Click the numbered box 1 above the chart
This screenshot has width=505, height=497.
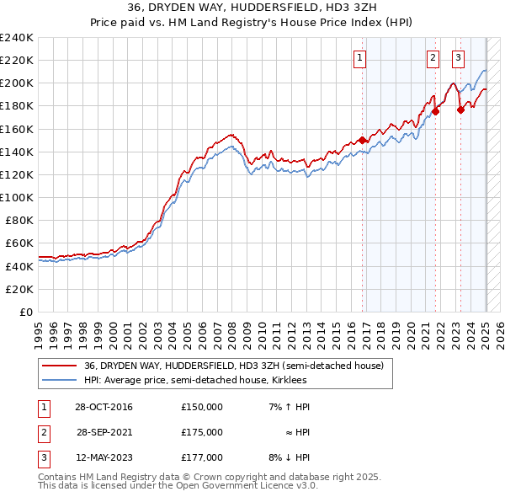[x=359, y=58]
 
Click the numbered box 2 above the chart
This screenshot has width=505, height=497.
[x=433, y=58]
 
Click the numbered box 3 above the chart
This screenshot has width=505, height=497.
[x=458, y=58]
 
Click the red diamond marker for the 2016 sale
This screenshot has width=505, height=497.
[x=363, y=140]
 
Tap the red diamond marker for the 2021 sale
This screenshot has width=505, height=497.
[x=436, y=111]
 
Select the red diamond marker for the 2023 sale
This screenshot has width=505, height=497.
[x=460, y=109]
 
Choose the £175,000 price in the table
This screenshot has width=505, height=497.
[x=202, y=432]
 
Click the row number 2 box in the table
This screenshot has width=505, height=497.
[x=42, y=432]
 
